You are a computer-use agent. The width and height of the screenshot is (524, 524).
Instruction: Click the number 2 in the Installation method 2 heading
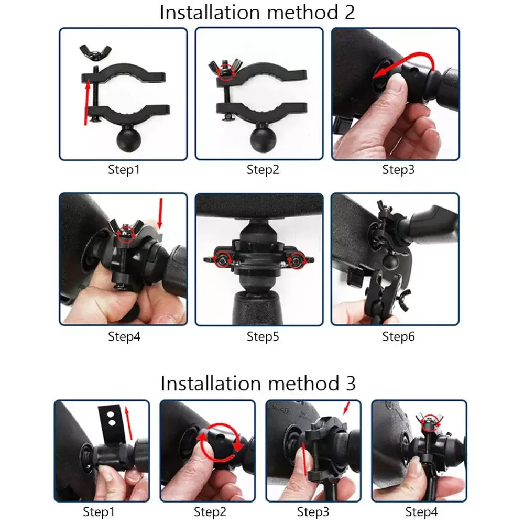348,13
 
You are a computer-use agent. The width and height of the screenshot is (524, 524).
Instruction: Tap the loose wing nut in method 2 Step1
95,52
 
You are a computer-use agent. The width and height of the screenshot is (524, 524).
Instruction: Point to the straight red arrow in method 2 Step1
87,103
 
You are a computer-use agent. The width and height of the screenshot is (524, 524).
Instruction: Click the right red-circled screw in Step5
297,260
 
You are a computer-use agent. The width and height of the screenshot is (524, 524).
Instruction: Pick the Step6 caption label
398,336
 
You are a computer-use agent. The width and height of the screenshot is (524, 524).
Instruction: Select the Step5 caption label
263,336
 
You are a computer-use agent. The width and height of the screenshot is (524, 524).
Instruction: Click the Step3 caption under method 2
398,170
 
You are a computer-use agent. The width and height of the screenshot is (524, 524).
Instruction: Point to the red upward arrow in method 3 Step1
128,423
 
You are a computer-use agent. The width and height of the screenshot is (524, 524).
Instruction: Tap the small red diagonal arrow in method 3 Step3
346,408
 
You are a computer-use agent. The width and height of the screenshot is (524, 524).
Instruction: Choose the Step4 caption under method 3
421,512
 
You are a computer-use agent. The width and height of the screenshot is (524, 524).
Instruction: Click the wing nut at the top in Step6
384,208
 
